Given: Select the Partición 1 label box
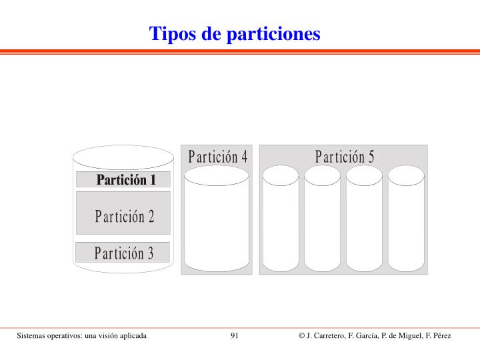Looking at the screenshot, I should coord(123,179).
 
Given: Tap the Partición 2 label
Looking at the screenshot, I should coord(124,216).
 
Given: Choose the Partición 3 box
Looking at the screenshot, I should coord(123,253).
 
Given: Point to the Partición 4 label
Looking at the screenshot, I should coord(217,157).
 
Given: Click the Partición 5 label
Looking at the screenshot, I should coord(345,157).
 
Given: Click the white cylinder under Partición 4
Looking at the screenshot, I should coord(217,220).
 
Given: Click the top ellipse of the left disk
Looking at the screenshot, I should coord(123,158).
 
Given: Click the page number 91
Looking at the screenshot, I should coord(235,335).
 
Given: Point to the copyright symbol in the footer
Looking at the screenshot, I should coord(302,335).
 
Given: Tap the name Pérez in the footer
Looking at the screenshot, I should coord(440,335).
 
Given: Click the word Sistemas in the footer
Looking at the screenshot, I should coord(32,335).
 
